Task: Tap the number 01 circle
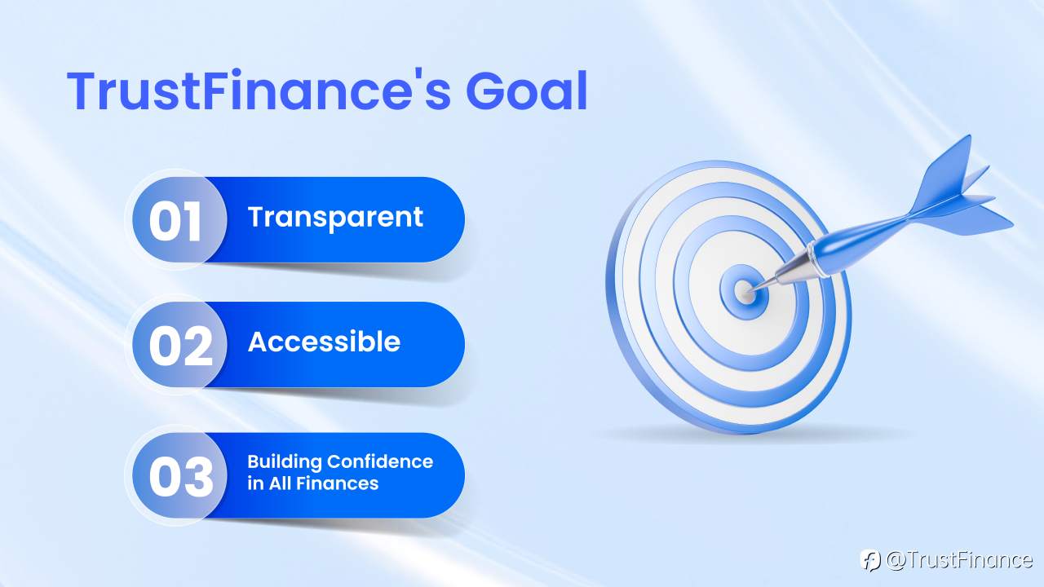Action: (175, 220)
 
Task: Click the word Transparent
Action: (335, 218)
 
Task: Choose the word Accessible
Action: (324, 342)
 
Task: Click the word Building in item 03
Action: (284, 462)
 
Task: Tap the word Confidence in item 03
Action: (380, 462)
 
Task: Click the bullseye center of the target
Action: (744, 289)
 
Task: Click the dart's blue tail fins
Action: (962, 192)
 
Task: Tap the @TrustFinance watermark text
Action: (959, 560)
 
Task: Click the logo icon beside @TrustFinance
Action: (870, 560)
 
